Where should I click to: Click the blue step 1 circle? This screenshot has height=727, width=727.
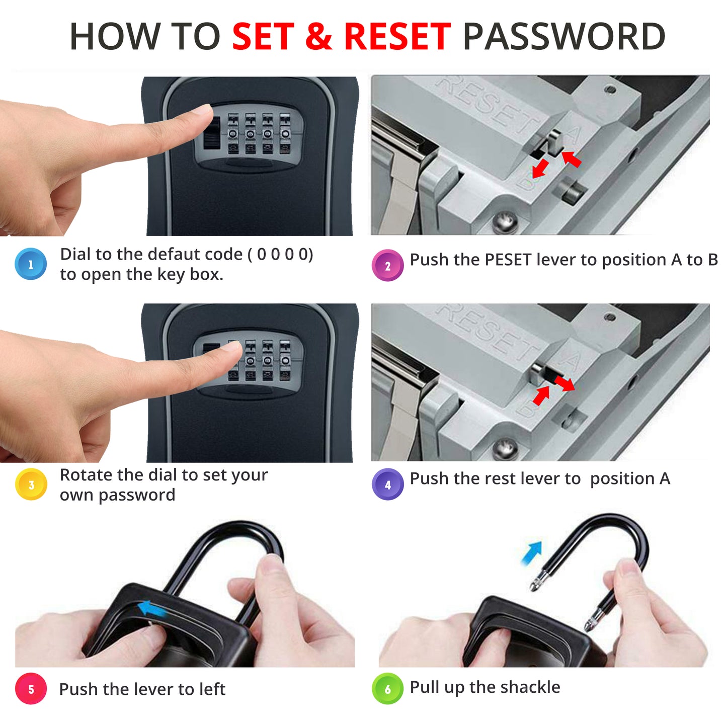[x=31, y=264]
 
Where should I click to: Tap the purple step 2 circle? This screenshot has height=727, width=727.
[x=387, y=266]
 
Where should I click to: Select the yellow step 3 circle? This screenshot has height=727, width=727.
[x=31, y=484]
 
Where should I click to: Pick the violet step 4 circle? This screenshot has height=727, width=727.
[x=387, y=484]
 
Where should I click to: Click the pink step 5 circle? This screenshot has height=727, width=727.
[x=31, y=689]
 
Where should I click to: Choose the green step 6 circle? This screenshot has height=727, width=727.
[x=387, y=689]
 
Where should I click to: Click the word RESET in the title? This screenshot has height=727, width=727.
[x=397, y=36]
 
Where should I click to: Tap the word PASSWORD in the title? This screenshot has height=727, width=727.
[x=563, y=36]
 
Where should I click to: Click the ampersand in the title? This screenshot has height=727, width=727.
[x=319, y=36]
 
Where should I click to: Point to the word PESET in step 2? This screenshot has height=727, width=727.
[x=508, y=260]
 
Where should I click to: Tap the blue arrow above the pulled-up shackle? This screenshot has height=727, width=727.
[x=532, y=552]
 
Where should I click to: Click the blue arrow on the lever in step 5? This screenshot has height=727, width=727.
[x=151, y=609]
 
